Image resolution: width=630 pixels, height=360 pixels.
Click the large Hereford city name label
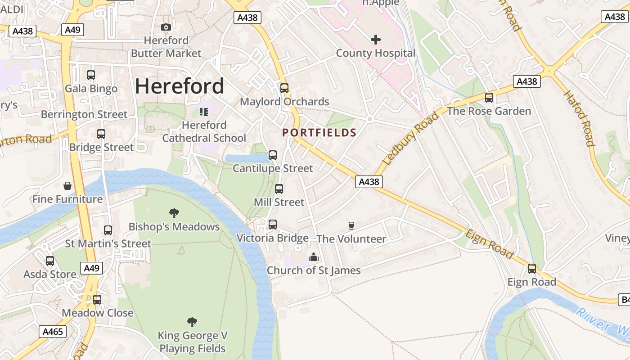[180, 86]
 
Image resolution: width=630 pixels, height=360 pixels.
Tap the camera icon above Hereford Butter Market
[166, 27]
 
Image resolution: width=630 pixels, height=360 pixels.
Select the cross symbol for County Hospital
[375, 40]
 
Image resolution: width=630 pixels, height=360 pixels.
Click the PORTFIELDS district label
[319, 133]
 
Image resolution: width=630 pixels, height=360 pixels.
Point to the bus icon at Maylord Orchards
[284, 88]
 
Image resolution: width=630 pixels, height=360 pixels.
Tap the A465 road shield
[53, 332]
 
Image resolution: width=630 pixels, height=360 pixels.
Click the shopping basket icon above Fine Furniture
[67, 186]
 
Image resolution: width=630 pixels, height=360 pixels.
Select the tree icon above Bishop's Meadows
[174, 213]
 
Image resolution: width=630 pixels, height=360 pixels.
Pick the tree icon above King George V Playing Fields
[192, 322]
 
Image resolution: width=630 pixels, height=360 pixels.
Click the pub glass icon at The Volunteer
[351, 226]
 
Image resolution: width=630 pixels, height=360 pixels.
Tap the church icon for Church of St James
[313, 257]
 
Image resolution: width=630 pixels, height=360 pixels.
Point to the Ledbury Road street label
[410, 138]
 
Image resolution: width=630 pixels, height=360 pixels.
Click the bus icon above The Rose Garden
[489, 98]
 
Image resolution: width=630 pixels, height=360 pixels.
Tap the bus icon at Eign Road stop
[532, 269]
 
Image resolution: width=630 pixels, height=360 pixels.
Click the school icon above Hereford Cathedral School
[204, 112]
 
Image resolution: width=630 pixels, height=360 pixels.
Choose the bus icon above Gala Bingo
[91, 75]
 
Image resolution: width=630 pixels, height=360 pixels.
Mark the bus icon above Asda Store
[50, 261]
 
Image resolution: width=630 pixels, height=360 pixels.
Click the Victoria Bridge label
[272, 238]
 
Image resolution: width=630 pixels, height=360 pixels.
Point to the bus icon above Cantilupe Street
[273, 155]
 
